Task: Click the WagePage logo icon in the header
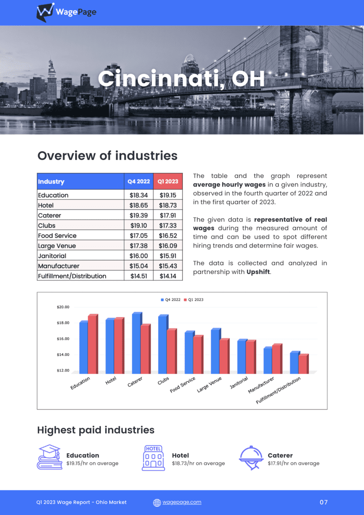tap(45, 12)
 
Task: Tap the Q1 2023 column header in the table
tap(168, 182)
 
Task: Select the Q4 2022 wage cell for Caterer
tap(139, 216)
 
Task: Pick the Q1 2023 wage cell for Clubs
tap(168, 226)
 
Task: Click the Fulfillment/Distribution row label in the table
tap(72, 276)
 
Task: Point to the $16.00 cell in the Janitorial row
tap(139, 256)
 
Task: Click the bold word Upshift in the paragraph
tap(258, 272)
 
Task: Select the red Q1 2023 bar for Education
tap(93, 344)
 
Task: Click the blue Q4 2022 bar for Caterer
tap(137, 343)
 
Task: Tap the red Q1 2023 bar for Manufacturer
tap(277, 358)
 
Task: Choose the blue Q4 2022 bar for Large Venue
tap(216, 351)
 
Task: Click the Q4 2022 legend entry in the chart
tap(171, 299)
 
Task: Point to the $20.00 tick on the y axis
tap(63, 307)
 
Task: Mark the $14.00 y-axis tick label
tap(63, 355)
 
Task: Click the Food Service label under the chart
tap(182, 384)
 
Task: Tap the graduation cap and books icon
tap(50, 457)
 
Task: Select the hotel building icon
tap(153, 458)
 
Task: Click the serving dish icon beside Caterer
tap(251, 458)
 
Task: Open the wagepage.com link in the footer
tap(182, 502)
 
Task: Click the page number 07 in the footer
tap(324, 502)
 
